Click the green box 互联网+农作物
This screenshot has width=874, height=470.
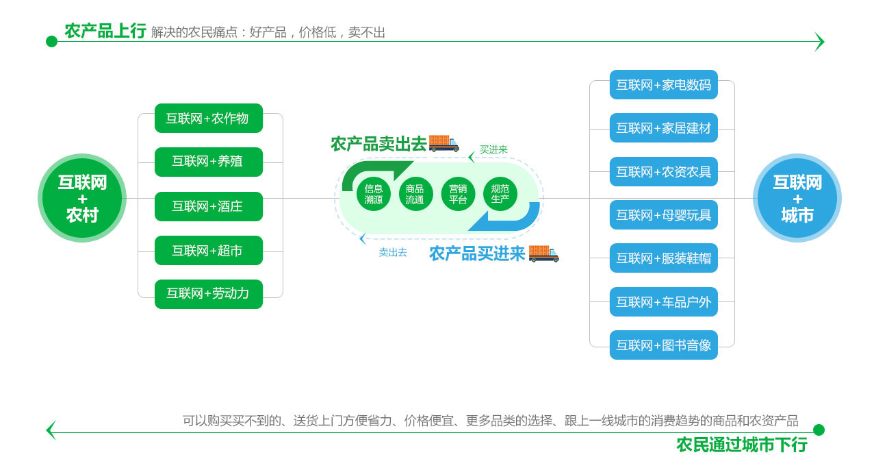coord(209,119)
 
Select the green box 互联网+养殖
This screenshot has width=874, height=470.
coord(209,162)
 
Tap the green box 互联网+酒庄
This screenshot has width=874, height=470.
coord(209,206)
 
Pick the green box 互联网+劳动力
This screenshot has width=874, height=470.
coord(209,294)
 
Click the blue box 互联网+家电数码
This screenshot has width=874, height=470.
coord(663,85)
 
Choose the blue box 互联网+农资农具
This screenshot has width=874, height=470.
coord(663,172)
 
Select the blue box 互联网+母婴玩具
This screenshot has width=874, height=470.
coord(663,215)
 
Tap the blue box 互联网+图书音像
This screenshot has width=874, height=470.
coord(663,345)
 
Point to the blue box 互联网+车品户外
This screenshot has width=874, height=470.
coord(663,302)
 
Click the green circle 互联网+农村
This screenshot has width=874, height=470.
coord(82,198)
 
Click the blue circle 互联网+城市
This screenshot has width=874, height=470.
coord(797,198)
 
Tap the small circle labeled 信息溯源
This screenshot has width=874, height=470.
coord(374,194)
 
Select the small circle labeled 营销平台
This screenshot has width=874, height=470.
coord(458,194)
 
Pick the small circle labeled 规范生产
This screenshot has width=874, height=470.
coord(500,194)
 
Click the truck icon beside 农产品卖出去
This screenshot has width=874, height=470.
coord(444,143)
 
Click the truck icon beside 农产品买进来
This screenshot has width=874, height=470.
coord(543,253)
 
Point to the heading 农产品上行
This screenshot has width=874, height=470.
coord(105,32)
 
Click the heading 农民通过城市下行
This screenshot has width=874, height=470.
coord(741,445)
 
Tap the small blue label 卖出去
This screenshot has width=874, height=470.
coord(393,253)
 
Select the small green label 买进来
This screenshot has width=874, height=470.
coord(493,150)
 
